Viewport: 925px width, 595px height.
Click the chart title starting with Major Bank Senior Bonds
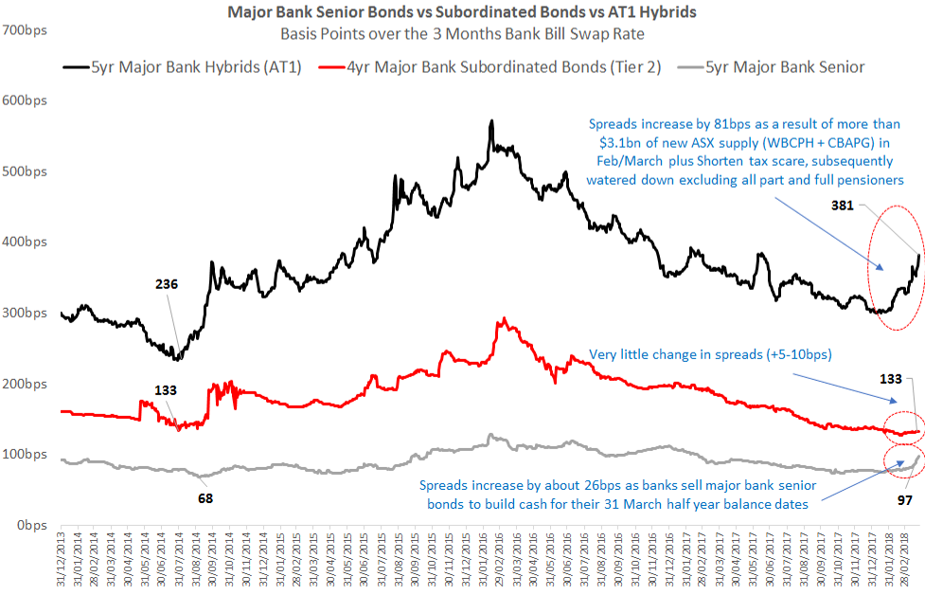click(x=462, y=12)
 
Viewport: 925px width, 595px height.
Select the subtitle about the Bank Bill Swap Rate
click(x=462, y=34)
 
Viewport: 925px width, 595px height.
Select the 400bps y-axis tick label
click(x=27, y=243)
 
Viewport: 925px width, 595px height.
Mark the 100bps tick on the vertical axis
click(x=27, y=455)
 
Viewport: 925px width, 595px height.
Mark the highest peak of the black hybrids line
click(x=491, y=121)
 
